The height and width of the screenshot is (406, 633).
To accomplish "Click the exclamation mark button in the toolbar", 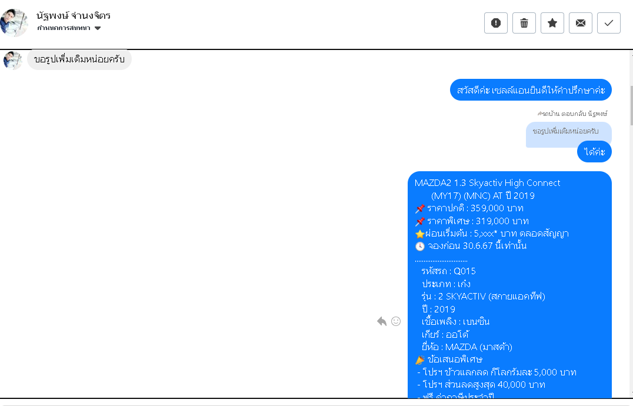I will tap(496, 23).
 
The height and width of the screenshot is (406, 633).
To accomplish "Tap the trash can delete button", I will tap(524, 23).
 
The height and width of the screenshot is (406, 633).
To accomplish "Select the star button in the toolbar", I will tap(552, 23).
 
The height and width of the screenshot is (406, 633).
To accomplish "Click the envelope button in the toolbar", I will tap(581, 23).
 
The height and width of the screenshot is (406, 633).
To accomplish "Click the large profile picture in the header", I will tap(14, 23).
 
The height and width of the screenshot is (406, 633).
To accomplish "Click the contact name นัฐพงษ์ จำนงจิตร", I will tap(74, 16).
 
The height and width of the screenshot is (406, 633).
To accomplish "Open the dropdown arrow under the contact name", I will tap(98, 28).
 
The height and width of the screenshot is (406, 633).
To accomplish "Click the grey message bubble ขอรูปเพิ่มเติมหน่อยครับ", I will tap(79, 59).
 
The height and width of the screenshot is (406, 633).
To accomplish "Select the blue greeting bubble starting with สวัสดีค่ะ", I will tap(531, 90).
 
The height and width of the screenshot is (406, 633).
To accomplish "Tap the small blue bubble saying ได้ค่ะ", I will tap(594, 152).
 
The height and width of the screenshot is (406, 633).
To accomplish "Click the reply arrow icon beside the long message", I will tap(382, 321).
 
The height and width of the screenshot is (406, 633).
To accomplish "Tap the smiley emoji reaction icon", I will tap(396, 321).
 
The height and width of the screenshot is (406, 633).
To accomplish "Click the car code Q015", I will tap(464, 271).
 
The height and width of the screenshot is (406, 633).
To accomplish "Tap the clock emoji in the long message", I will tap(420, 247).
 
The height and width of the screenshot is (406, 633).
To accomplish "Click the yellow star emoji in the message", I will tap(419, 234).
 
